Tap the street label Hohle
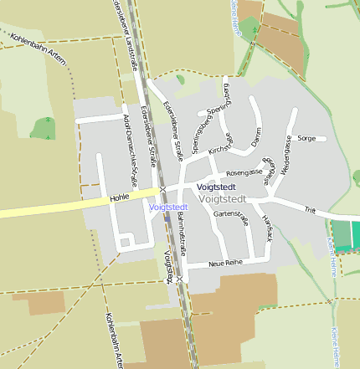(119, 198)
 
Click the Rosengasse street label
(244, 172)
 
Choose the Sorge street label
(306, 138)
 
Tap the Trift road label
(310, 210)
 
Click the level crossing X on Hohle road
(163, 189)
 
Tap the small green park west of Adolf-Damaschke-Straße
(44, 128)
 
